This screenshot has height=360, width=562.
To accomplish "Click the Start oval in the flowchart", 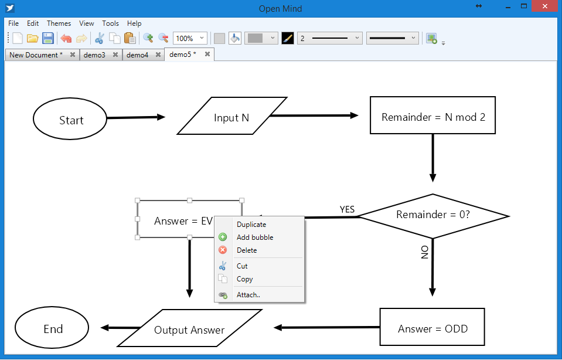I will pos(71,120).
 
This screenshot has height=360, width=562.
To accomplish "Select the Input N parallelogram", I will pos(231,117).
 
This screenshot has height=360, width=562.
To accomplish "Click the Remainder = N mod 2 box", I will pos(433,117).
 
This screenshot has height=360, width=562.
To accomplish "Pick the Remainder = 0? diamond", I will pos(433,215).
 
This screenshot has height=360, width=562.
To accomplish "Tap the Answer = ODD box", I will pos(432,328).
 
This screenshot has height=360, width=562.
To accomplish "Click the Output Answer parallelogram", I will pos(189,330).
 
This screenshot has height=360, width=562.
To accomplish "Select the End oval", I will pos(53,328).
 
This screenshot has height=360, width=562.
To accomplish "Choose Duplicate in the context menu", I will pos(251,225).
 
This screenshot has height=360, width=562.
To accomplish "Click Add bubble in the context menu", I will pos(255,237).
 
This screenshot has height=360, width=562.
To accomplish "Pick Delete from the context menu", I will pos(247,250).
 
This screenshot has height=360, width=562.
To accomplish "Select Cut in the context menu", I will pos(242,266).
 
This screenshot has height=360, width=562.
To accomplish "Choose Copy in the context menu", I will pos(244,279).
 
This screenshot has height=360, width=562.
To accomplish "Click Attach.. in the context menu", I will pos(248,295).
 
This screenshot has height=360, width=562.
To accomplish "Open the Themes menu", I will pos(59,23).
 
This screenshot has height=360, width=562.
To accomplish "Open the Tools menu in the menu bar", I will pos(110,23).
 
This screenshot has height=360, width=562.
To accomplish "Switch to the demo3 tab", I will pos(94,55).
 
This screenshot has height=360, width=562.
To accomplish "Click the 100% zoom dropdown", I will pos(190,38).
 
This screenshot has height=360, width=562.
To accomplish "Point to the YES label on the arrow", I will pos(347,210).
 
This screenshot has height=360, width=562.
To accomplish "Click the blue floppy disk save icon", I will pos(48,38).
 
